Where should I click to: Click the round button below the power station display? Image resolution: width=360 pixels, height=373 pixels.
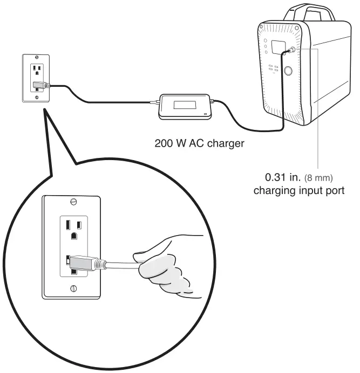(x=289, y=71)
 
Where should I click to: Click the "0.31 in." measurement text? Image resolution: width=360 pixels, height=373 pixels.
(x=281, y=177)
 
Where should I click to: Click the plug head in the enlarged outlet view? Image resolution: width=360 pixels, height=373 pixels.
(x=86, y=263)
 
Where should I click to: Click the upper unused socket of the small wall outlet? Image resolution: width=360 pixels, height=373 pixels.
(x=37, y=70)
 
